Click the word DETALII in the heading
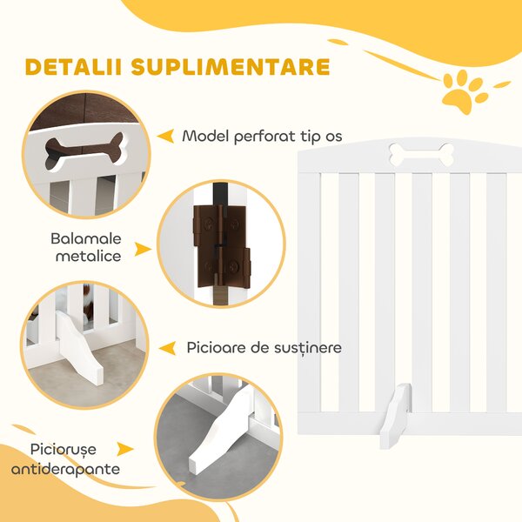pos(72,67)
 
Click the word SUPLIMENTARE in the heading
pos(231,67)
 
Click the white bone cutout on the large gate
pos(421,154)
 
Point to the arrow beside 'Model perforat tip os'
pos(166,137)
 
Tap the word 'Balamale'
pos(86,238)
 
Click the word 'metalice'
pos(88,257)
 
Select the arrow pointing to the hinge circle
pos(144,250)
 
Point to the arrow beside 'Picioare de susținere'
pos(167,348)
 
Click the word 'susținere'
pos(308,348)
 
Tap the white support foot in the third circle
pos(79,348)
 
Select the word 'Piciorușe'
pos(64,450)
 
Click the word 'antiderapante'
pos(65,469)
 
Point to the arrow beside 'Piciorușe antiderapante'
pos(125,449)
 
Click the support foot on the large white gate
pos(396,416)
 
